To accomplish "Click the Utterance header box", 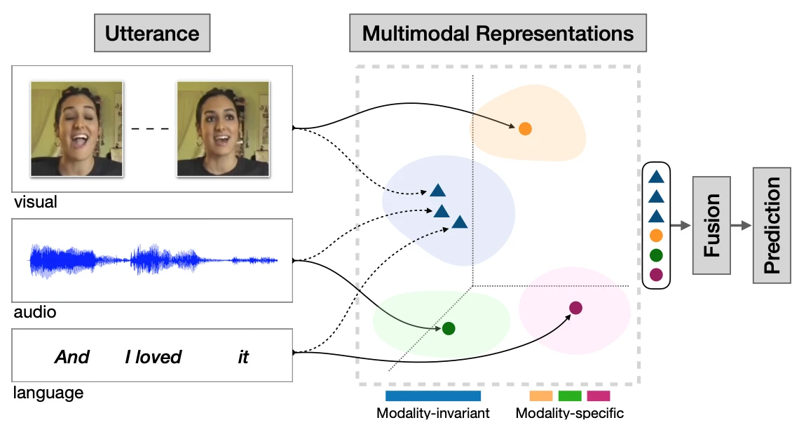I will click(x=151, y=34).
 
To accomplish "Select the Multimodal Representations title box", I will click(x=498, y=34).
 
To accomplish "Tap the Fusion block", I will click(x=711, y=225).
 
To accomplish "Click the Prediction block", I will click(x=772, y=225).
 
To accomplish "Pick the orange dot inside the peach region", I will click(x=525, y=128).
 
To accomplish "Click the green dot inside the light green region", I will click(x=449, y=327).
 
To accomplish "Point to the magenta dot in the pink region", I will click(x=575, y=307).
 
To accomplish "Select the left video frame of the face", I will click(x=76, y=128).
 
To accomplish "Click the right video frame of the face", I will click(x=223, y=128).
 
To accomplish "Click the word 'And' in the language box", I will click(x=72, y=357).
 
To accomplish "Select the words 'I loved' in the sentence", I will click(x=153, y=357).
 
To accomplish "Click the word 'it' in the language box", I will click(x=243, y=357).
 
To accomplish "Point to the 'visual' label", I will click(x=35, y=203).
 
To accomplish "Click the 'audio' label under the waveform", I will click(x=34, y=312).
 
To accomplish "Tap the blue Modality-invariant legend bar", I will click(x=432, y=396).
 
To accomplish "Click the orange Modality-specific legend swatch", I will click(x=540, y=396).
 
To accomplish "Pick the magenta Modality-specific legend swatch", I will click(x=598, y=396).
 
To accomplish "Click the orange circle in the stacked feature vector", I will click(x=656, y=236).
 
